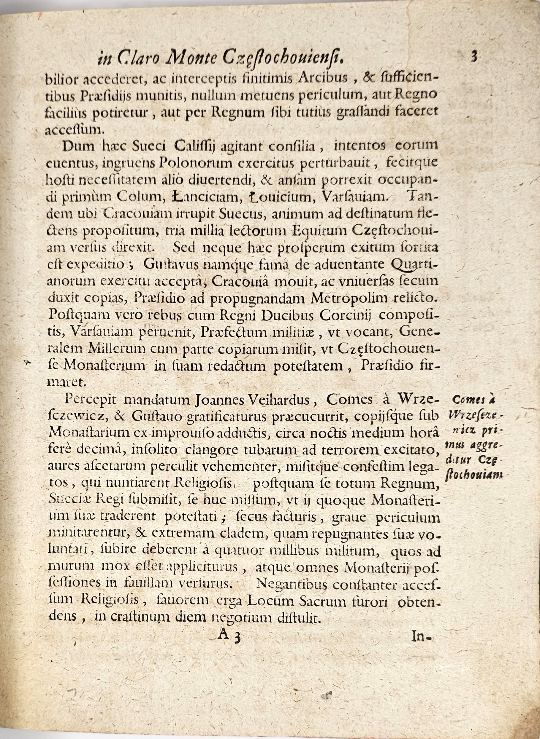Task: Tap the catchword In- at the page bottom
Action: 422,636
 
